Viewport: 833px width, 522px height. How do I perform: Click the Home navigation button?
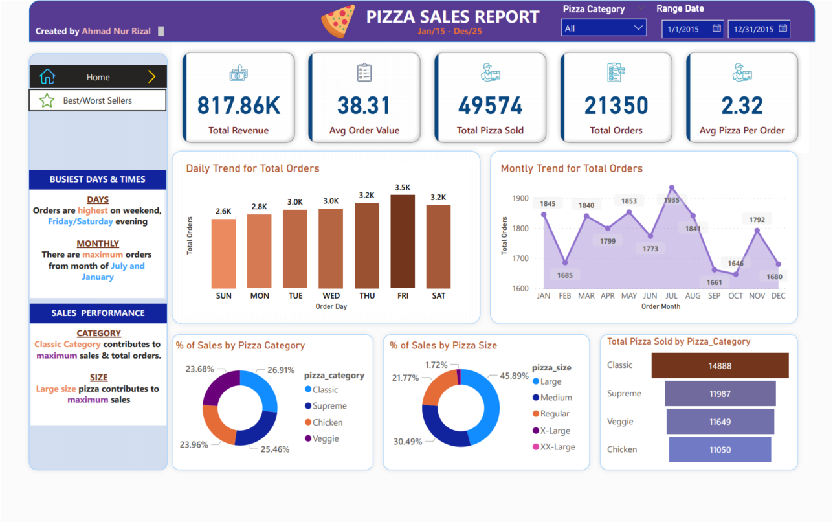point(98,77)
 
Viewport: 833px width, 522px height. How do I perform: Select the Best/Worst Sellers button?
point(98,100)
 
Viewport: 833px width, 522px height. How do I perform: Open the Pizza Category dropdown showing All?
point(603,28)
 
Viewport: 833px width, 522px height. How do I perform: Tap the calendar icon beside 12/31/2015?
point(783,28)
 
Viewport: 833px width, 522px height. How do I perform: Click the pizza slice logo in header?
point(338,21)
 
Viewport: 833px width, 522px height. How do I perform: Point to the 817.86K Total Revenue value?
point(238,106)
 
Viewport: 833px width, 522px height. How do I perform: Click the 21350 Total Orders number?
point(616,106)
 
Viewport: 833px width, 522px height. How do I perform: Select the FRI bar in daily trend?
point(402,241)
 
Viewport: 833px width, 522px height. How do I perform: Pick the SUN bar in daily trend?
point(223,253)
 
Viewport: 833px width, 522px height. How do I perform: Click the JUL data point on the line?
point(671,188)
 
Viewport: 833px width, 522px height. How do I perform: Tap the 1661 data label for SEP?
point(715,282)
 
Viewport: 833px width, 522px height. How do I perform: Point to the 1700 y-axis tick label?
point(519,258)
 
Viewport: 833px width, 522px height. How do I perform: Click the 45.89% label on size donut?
point(514,376)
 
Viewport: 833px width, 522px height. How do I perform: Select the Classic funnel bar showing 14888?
point(720,365)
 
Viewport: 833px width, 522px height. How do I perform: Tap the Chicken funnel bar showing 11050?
point(720,449)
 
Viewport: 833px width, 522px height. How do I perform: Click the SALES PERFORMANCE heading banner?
point(98,313)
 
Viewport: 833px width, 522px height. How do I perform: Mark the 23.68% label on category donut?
point(199,369)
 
